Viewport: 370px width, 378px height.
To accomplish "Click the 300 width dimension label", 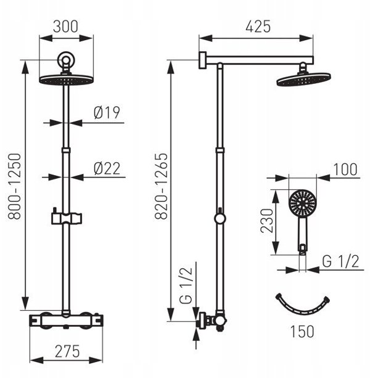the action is click(x=65, y=27).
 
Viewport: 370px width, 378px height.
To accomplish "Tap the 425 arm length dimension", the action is click(x=258, y=27).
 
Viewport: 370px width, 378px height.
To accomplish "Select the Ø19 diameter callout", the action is click(x=107, y=112).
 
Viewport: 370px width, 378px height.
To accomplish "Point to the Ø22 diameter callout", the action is click(x=107, y=168).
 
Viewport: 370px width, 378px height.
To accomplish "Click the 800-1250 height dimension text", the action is click(x=14, y=186).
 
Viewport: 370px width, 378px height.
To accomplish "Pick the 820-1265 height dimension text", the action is click(x=161, y=186).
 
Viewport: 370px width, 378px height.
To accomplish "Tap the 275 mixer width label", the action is click(x=67, y=351).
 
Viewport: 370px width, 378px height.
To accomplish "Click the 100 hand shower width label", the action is click(x=345, y=169).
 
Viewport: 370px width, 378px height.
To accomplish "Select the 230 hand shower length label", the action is click(x=267, y=221).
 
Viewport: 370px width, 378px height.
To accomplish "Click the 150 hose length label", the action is click(x=302, y=332).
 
